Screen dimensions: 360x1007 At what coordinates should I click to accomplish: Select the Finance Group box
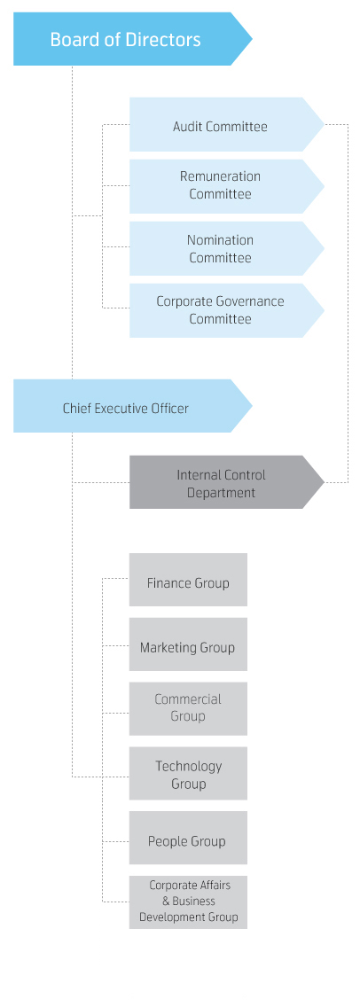tap(188, 580)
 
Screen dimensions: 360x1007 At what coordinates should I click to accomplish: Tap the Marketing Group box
tap(188, 644)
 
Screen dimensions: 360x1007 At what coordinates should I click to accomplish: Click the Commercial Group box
tap(188, 708)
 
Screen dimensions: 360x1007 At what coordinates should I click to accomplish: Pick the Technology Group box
tap(188, 773)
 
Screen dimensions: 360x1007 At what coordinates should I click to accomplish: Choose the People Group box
tap(188, 838)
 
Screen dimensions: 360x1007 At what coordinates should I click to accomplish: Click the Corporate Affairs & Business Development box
tap(188, 902)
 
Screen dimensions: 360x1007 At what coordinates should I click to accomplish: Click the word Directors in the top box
tap(165, 40)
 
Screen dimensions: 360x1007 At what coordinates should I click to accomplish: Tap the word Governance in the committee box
tap(251, 301)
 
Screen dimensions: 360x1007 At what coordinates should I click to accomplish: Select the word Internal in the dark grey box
tap(198, 475)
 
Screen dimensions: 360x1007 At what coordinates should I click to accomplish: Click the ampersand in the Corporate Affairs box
tap(166, 901)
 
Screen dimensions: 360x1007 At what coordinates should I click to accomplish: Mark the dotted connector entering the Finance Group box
tap(115, 579)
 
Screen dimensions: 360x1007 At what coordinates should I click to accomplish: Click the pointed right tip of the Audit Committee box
tap(324, 125)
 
